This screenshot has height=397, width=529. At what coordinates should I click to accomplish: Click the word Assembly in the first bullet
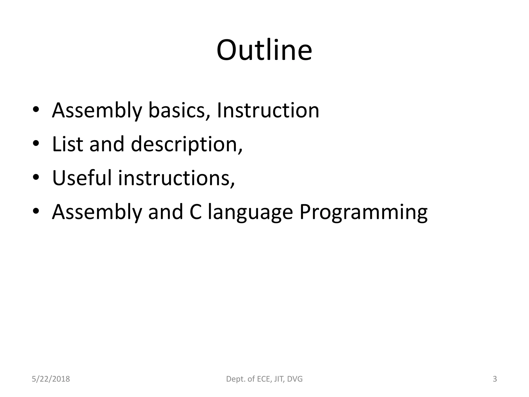click(97, 111)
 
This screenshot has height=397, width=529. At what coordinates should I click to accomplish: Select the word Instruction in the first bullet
click(268, 111)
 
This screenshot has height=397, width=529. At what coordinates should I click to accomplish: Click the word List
click(67, 144)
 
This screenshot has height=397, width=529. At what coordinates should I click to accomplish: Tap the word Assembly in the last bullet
click(97, 212)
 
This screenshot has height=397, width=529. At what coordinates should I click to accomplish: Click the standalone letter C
click(196, 212)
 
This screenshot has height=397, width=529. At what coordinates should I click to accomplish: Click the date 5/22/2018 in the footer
click(51, 379)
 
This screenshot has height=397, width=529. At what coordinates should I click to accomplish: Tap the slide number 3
click(495, 379)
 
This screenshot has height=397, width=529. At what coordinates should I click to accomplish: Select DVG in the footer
click(295, 379)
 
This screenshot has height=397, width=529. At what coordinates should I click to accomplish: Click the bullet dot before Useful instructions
click(36, 177)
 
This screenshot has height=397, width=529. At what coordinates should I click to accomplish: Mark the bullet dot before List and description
click(36, 143)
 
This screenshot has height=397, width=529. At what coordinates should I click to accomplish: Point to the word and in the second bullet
click(107, 144)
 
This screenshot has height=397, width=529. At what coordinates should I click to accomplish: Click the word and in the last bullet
click(166, 212)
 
